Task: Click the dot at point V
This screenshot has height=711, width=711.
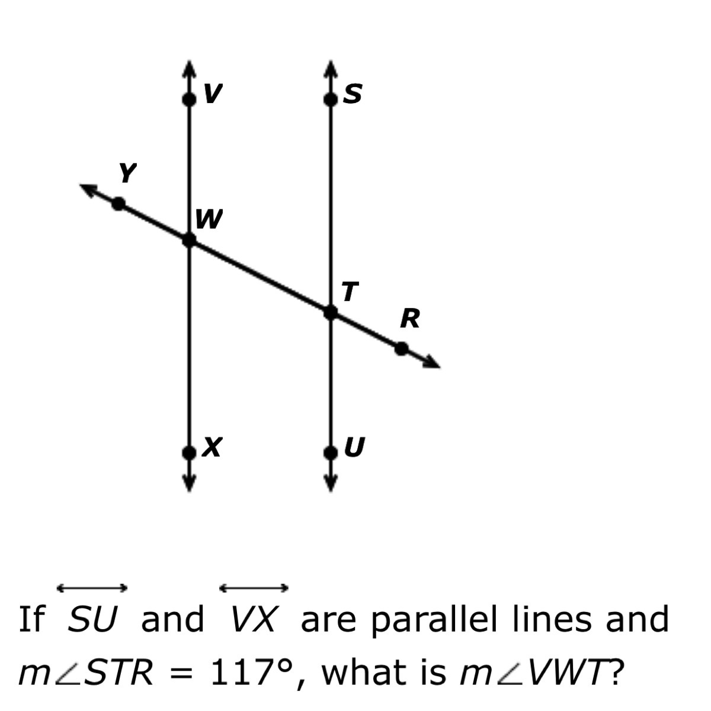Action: (188, 99)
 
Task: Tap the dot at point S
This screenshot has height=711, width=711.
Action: (330, 99)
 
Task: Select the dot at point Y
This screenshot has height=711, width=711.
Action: (119, 204)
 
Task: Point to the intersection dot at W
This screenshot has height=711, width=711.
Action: (188, 240)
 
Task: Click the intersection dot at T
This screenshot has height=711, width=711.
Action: (330, 312)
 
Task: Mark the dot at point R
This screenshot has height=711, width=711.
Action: (402, 348)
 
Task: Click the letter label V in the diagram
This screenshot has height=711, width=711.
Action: (213, 92)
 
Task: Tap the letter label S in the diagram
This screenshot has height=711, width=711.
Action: (353, 93)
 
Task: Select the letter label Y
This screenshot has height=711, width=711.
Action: (126, 173)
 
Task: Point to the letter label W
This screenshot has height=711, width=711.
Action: (209, 220)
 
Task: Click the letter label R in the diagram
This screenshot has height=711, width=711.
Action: (410, 319)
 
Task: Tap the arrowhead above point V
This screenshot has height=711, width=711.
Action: (188, 66)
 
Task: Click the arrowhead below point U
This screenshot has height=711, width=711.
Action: (330, 484)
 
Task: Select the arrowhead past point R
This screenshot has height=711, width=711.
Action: (432, 363)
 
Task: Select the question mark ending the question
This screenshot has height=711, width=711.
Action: (618, 672)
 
